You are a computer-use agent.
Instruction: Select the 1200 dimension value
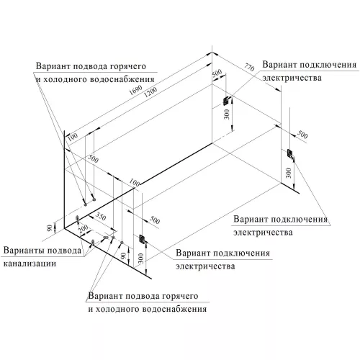pos(150,100)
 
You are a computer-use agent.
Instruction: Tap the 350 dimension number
pos(100,217)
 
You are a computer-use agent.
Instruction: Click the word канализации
pos(30,264)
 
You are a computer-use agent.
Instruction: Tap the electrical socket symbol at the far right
pos(289,154)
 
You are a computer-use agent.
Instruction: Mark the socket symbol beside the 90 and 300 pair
pos(142,238)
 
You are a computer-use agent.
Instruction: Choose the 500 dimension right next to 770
pos(215,75)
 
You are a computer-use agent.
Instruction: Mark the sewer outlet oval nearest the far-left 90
pos(77,218)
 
